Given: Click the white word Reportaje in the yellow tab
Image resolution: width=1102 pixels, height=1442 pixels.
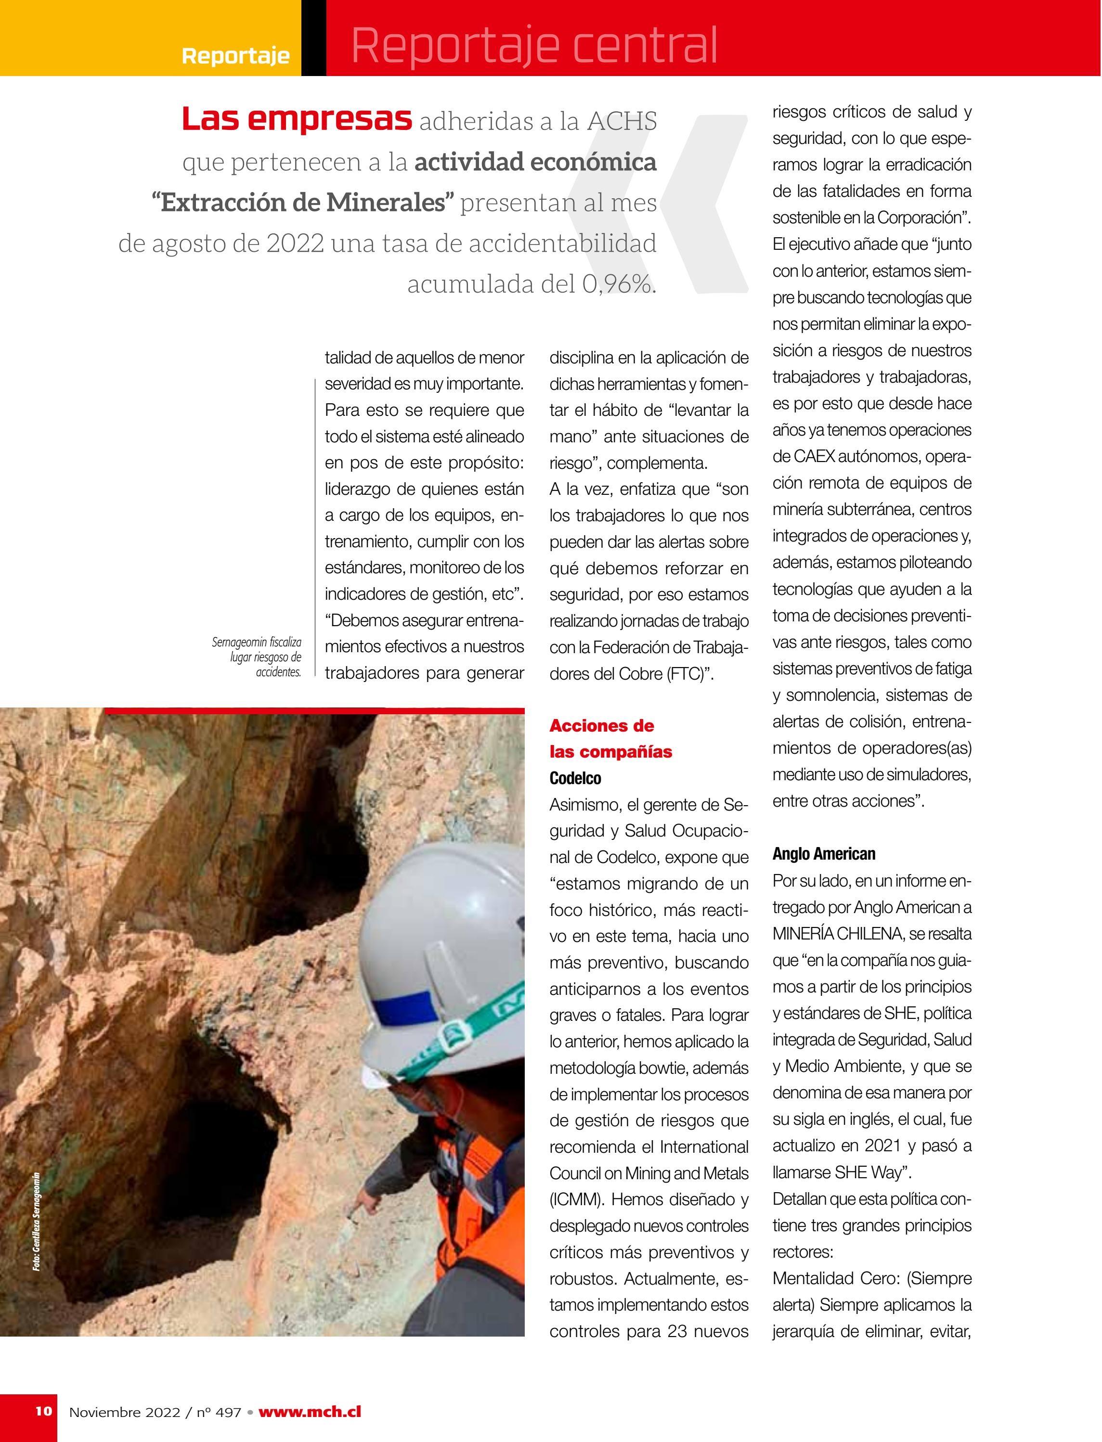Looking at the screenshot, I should point(235,56).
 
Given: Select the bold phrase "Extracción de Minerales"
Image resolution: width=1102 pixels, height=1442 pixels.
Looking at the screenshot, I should point(303,203).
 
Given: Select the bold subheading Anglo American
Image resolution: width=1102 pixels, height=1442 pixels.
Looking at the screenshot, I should point(824,854).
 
